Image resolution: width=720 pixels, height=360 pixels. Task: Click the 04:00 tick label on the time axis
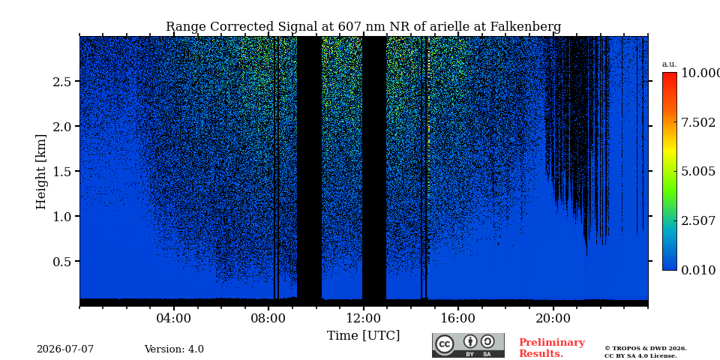pos(174,318)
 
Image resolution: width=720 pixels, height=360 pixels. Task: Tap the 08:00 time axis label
pos(268,318)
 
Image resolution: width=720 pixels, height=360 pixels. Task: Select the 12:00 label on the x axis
pos(363,318)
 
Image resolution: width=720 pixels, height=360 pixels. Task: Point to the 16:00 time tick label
pos(457,318)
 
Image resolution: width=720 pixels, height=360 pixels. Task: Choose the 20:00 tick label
pos(553,318)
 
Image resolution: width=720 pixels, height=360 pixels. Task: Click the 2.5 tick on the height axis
pos(63,81)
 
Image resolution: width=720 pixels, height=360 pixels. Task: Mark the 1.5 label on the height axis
pos(63,171)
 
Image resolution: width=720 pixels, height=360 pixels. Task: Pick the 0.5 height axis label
pos(63,261)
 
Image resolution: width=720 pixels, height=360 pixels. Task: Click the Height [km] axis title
pos(41,172)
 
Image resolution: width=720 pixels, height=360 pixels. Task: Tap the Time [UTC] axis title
pos(363,336)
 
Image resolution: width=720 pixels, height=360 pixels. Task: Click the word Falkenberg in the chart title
pos(526,27)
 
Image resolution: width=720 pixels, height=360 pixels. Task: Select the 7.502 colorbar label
pos(698,122)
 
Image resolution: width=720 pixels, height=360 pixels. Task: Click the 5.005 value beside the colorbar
pos(698,172)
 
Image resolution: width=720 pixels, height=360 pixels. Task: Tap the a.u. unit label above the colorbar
pos(670,64)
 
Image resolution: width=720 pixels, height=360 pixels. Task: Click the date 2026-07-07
pos(65,349)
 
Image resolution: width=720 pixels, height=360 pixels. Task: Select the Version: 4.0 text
pos(174,349)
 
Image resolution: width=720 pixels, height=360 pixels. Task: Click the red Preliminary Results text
pos(552,348)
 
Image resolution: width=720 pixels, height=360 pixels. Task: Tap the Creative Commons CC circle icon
pos(445,344)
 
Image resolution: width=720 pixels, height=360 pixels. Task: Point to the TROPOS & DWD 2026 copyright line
pos(646,349)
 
